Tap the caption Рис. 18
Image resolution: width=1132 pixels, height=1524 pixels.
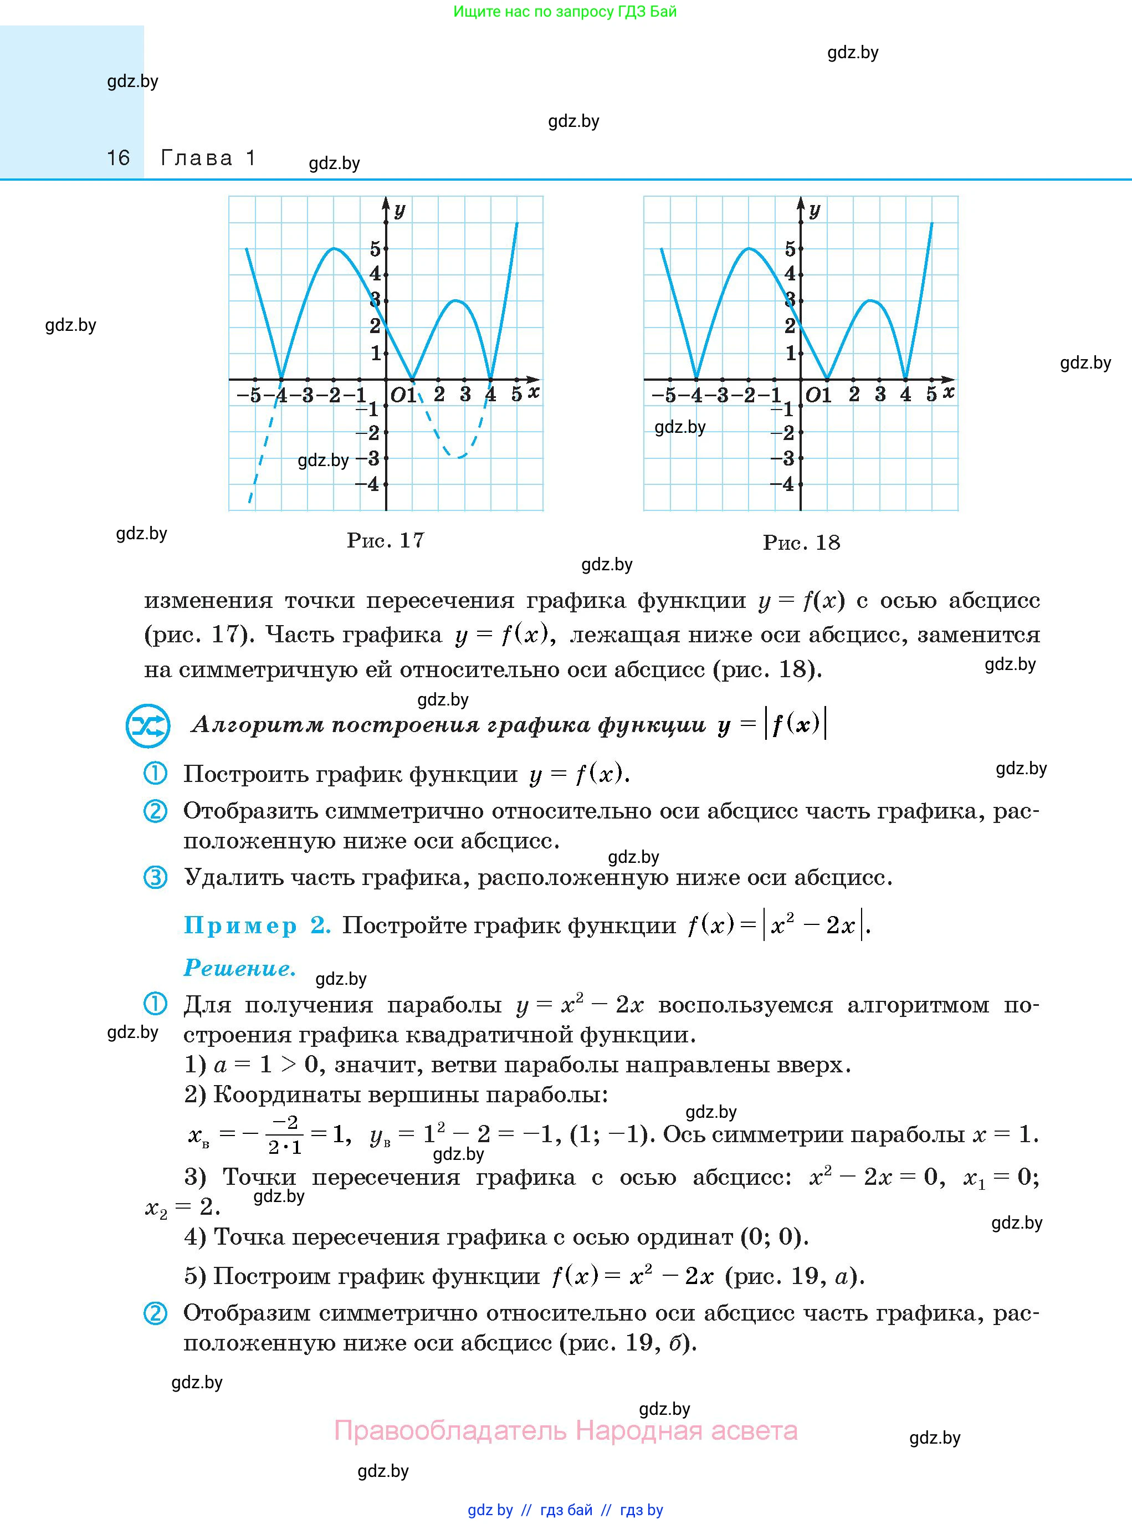(x=801, y=542)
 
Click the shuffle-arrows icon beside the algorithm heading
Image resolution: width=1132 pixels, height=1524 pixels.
(x=147, y=725)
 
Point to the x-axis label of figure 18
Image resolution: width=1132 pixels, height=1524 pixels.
(x=949, y=392)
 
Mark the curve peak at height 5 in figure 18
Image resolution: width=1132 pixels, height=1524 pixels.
(x=749, y=248)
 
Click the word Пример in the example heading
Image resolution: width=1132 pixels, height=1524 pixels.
(x=240, y=925)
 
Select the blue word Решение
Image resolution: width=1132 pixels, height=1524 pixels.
(x=240, y=968)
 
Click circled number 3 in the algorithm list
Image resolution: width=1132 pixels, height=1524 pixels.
(x=155, y=877)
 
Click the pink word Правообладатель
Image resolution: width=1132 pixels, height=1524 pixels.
(x=450, y=1430)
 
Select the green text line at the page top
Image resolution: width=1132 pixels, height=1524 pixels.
(x=565, y=11)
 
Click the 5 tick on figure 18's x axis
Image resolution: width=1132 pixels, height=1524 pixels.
(x=931, y=394)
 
